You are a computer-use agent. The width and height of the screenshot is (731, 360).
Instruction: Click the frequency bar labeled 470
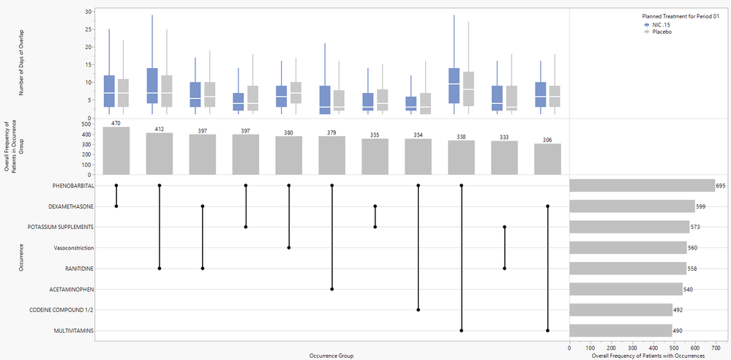coord(116,151)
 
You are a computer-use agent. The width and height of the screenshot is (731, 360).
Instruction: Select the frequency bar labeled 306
coord(548,159)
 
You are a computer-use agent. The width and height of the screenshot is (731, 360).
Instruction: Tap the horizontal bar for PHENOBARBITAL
coord(642,186)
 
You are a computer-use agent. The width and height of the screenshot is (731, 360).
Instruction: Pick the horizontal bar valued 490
coord(621,331)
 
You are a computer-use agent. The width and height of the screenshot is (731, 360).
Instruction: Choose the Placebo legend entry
coord(662,31)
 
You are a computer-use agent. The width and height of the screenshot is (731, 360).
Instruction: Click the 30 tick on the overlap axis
coord(87,12)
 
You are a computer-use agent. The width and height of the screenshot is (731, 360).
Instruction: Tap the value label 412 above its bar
coord(160,129)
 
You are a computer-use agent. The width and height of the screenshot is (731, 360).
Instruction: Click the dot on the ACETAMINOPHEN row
coord(332,289)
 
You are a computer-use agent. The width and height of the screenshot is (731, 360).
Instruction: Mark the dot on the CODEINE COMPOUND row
coord(419,310)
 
